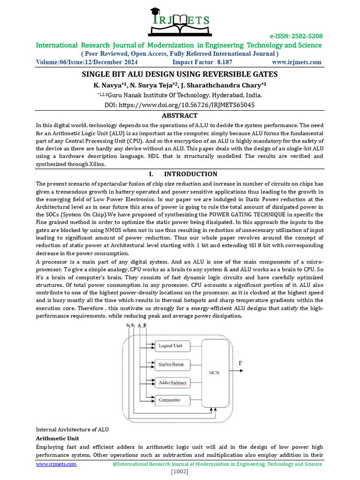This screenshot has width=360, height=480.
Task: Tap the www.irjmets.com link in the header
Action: coord(296,62)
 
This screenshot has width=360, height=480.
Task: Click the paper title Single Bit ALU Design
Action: coord(180,74)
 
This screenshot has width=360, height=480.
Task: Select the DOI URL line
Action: coord(180,105)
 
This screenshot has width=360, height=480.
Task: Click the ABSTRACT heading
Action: coord(180,115)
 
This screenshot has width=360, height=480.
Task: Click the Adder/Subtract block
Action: coord(172,382)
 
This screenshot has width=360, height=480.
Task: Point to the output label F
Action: coord(241,363)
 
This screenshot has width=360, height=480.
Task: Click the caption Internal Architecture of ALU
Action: coord(73,429)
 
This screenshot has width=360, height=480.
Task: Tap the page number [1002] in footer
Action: coord(180,471)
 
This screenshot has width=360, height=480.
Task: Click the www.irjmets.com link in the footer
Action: coord(56,464)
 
